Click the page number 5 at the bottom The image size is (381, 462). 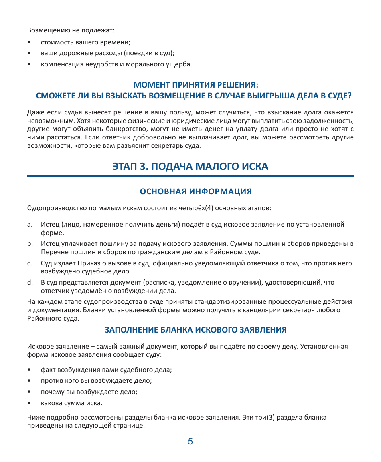(x=190, y=442)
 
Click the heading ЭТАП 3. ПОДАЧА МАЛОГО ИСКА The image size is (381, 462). (x=190, y=166)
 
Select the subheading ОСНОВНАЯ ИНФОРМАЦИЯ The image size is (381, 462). (x=195, y=191)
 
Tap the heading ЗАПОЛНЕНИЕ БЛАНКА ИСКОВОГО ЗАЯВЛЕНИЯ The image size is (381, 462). (x=195, y=330)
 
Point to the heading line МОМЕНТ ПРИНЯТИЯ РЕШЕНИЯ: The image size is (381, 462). (x=195, y=85)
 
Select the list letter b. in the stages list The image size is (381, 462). (x=30, y=244)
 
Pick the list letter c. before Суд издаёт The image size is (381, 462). (x=30, y=263)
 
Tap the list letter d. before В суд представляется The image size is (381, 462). (x=30, y=283)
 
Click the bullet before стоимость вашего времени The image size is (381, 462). (x=29, y=42)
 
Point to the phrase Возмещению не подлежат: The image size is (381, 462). (x=71, y=30)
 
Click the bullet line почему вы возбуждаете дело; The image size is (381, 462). (x=89, y=392)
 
